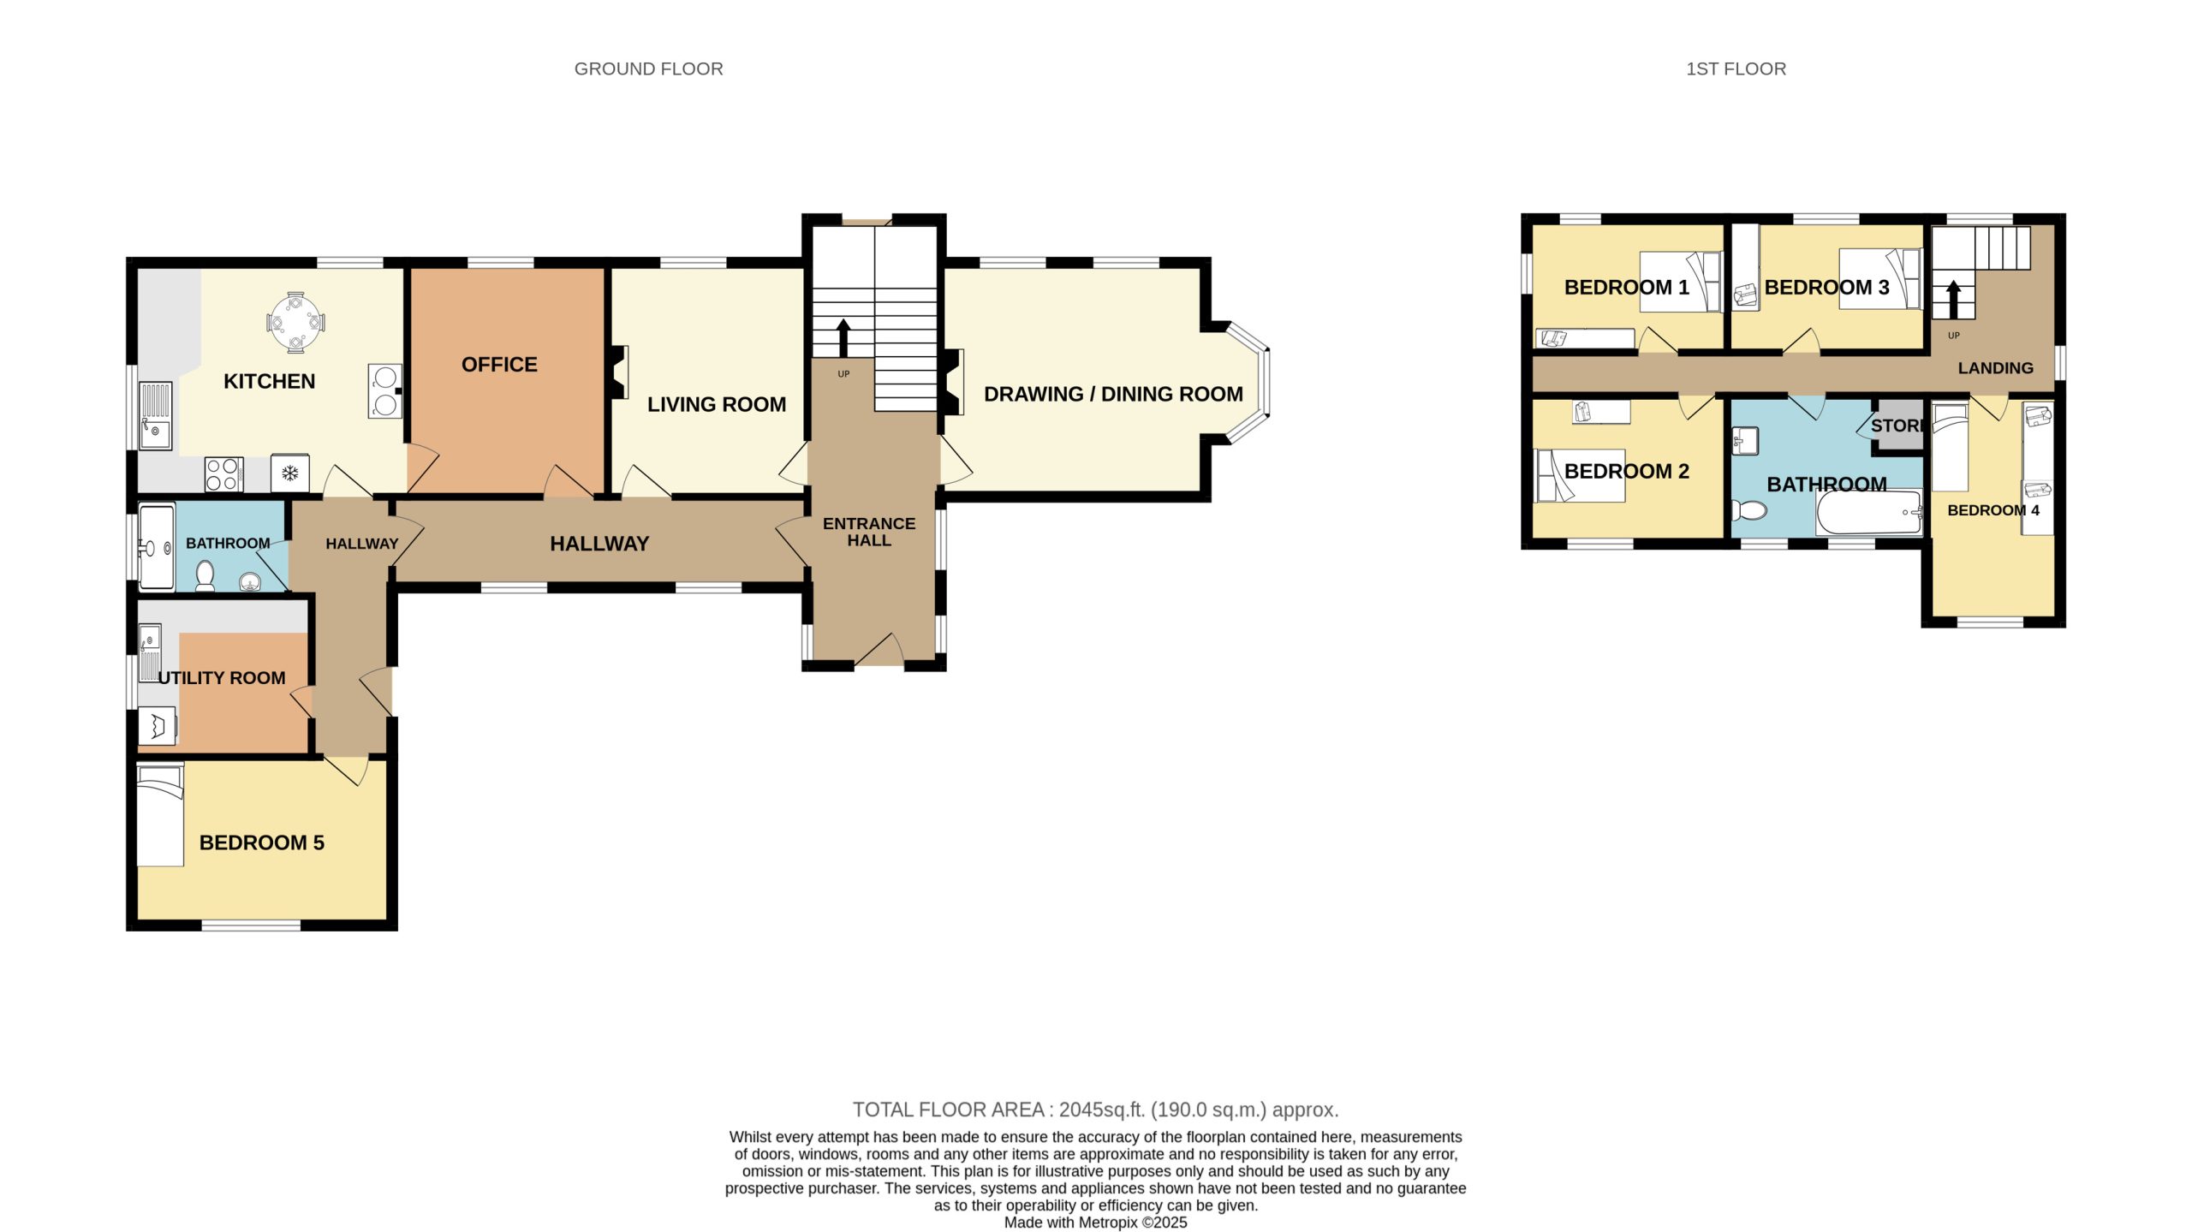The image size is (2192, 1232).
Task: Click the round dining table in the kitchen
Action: (295, 323)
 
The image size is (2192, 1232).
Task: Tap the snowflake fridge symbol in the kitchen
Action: (290, 473)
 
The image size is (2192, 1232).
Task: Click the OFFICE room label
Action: (499, 365)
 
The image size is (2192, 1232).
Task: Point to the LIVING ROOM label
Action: (717, 404)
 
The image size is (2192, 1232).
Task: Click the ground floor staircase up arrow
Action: (843, 337)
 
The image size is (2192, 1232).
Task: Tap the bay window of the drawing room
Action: (1249, 383)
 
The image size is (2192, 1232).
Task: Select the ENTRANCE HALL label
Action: (869, 532)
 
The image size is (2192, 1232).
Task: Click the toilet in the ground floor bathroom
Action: (205, 576)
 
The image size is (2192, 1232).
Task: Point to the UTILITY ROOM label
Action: (222, 678)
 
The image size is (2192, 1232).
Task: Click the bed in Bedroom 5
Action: (161, 816)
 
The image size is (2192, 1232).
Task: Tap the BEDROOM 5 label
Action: (262, 842)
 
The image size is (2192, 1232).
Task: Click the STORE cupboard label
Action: (1897, 426)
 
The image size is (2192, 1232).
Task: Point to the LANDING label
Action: (1995, 368)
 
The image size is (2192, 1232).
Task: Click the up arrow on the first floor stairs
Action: (1953, 301)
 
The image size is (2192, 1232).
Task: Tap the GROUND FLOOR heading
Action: (648, 69)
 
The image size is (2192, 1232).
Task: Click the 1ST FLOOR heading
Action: (1736, 69)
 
